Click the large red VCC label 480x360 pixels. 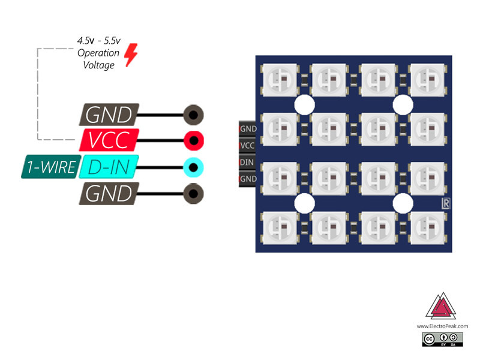click(x=109, y=140)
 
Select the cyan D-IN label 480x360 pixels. click(x=109, y=167)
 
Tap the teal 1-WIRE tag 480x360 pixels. click(x=50, y=167)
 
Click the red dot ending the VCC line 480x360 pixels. click(x=193, y=140)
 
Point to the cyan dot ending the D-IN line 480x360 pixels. click(x=193, y=167)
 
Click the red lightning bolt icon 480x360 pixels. click(x=130, y=55)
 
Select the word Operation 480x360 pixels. click(x=98, y=53)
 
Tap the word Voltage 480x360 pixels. click(x=98, y=65)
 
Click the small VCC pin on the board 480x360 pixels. click(x=247, y=145)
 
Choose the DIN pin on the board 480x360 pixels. click(x=247, y=162)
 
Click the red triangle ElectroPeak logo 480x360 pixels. click(x=441, y=308)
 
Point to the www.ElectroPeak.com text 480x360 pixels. click(x=442, y=326)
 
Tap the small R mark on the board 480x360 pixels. click(x=445, y=204)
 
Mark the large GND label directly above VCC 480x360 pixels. click(x=109, y=114)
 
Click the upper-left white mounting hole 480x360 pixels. click(x=305, y=104)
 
